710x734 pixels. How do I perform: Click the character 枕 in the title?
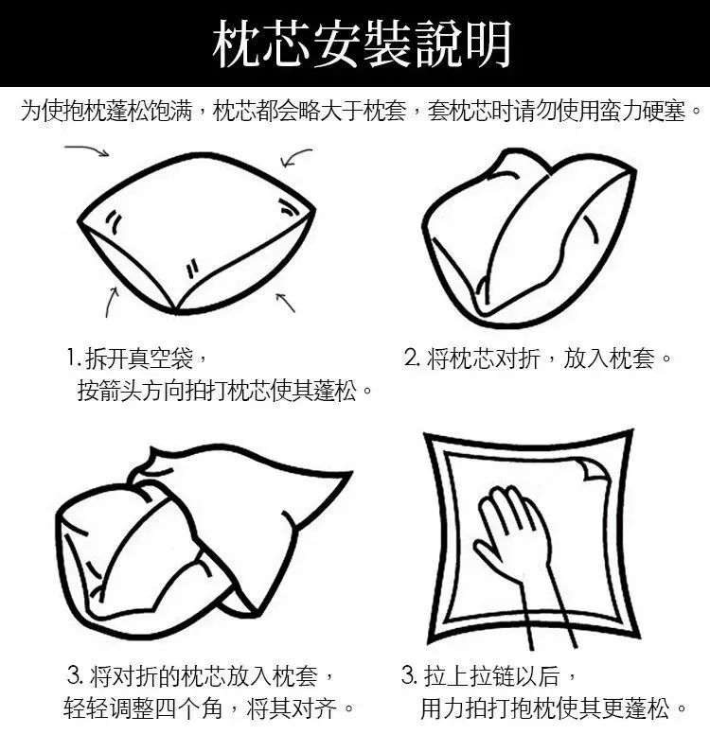coord(237,44)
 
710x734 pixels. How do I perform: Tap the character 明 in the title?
coord(488,44)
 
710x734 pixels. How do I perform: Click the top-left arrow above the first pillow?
coord(87,149)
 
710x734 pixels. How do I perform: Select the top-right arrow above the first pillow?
coord(294,157)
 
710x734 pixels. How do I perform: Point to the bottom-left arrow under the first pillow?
coord(111,302)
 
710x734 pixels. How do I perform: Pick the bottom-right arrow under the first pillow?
coord(285,302)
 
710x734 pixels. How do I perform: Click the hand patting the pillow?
coord(521,552)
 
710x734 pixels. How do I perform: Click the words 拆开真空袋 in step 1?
coord(140,358)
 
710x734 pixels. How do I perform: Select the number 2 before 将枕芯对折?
coord(412,358)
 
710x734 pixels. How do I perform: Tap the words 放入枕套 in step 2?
coord(609,358)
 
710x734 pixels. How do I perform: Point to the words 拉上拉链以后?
coord(492,676)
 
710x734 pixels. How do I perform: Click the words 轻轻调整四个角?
coord(143,708)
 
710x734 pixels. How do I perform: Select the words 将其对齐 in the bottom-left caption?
coord(292,708)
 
